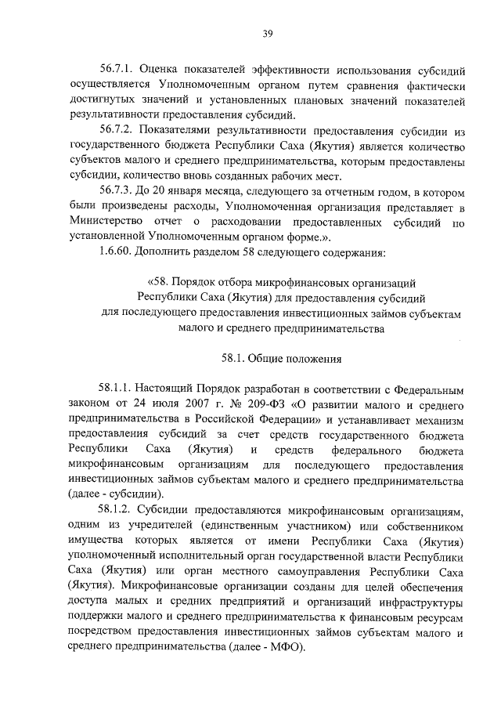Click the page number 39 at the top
coord(267,34)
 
